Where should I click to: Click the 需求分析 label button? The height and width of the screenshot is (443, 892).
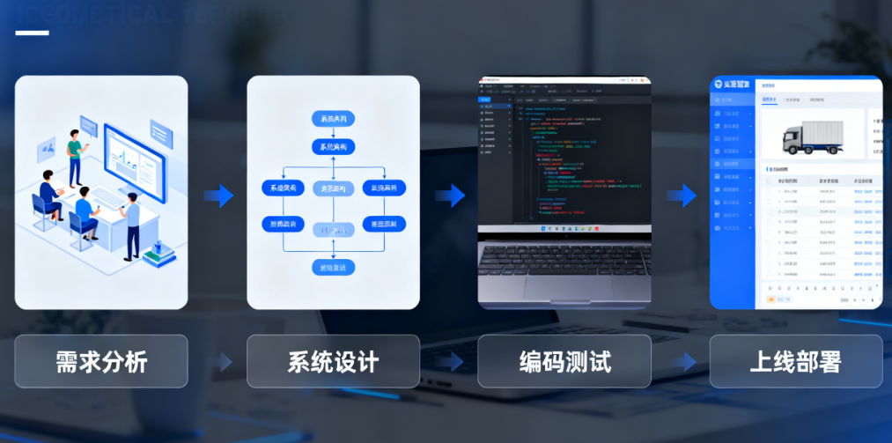pos(101,361)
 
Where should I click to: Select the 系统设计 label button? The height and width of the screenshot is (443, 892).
pos(333,361)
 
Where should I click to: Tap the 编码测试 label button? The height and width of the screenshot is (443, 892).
pos(564,361)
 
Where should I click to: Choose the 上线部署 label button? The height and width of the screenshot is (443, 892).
pos(796,361)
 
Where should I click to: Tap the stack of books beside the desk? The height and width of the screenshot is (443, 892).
pos(158,255)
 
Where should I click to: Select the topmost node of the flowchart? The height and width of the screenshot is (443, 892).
pos(333,119)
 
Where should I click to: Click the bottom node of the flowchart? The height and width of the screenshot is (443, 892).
pos(333,266)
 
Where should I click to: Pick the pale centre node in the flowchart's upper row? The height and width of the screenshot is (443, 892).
pos(333,188)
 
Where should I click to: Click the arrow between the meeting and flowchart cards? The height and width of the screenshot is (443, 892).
pos(218,196)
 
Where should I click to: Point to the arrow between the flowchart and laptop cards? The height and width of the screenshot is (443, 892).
pos(450,196)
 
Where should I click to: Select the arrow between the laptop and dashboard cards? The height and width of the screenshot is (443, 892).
pos(682,196)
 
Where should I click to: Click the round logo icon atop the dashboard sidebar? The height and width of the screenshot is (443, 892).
pos(718,85)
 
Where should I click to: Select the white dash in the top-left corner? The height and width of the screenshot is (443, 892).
pos(32,33)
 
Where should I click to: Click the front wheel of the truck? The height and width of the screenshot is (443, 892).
pos(795,151)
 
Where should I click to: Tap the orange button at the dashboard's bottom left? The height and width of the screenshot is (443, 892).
pos(770,299)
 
